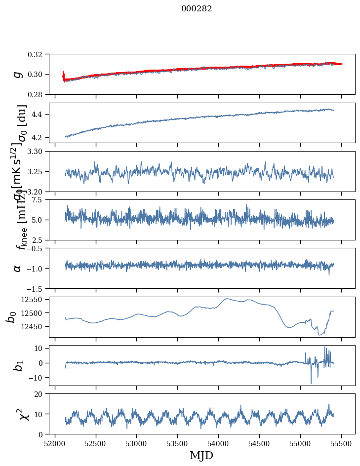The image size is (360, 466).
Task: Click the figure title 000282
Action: (x=197, y=9)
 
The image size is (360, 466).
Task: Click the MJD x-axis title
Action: (x=201, y=456)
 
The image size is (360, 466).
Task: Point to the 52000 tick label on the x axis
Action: (x=55, y=443)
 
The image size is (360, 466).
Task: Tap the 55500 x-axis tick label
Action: (x=342, y=443)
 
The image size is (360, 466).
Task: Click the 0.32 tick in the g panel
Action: (x=39, y=54)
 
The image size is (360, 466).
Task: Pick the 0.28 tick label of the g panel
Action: (x=39, y=94)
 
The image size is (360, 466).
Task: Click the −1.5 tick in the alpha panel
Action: (x=37, y=288)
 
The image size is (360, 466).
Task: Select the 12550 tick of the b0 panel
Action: (x=35, y=300)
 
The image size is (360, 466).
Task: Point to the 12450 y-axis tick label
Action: (x=35, y=327)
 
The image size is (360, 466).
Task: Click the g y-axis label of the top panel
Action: (x=18, y=74)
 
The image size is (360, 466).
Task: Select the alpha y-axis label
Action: (x=18, y=268)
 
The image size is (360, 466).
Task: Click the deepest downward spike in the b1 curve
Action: (x=311, y=383)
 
